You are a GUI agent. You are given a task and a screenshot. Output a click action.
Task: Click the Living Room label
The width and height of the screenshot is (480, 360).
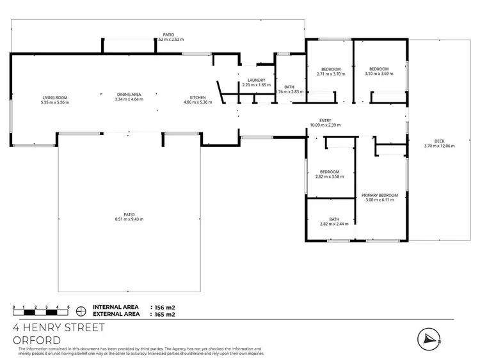coord(54,97)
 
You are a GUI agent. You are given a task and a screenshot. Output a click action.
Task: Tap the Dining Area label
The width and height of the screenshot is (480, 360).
coord(128,94)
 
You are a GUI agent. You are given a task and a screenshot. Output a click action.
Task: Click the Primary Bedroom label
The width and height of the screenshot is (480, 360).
coord(380,195)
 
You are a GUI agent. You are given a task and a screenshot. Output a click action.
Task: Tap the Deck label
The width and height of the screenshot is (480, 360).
coord(438,141)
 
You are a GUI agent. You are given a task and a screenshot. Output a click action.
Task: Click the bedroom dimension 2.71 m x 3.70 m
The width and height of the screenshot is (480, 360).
coord(331,74)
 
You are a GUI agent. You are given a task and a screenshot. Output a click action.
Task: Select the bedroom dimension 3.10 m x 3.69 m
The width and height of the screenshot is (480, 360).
coord(379,74)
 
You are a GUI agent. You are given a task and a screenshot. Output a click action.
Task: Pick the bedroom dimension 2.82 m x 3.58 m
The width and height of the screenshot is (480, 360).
coord(330,176)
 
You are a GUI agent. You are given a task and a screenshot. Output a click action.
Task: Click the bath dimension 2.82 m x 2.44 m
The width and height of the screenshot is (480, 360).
coord(330,224)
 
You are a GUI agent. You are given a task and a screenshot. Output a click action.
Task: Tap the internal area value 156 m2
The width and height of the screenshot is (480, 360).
coord(163,308)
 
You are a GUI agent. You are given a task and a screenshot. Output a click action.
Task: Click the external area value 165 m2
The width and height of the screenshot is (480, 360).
coord(163,315)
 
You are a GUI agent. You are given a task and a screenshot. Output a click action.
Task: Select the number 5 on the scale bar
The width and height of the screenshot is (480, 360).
coord(68,307)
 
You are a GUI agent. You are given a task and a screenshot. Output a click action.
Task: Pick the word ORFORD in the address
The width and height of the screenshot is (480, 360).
coord(37,340)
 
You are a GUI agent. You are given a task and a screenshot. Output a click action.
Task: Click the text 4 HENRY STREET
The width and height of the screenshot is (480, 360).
coord(59,327)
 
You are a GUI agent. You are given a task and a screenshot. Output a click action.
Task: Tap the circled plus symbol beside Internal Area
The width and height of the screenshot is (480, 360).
coord(81,311)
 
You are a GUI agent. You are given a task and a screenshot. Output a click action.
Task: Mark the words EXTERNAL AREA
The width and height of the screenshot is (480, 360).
coord(116,315)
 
